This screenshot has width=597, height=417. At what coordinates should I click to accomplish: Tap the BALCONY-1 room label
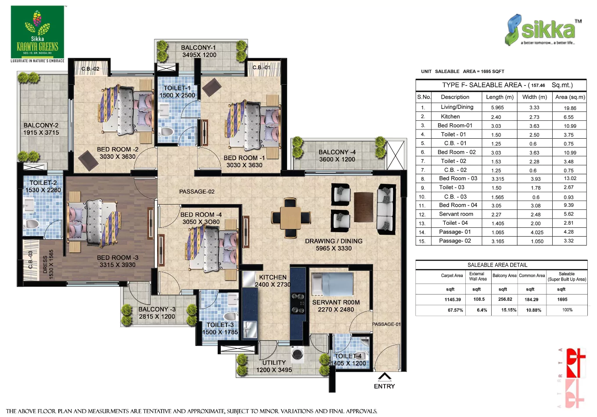point(198,47)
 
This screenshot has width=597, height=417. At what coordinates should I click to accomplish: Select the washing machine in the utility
point(297,354)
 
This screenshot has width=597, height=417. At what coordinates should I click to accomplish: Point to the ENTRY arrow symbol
point(385,377)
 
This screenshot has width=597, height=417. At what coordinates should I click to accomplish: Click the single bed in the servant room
point(332,284)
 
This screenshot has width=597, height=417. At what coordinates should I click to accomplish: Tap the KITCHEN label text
point(273,277)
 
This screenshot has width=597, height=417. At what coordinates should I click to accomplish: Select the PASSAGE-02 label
point(197,191)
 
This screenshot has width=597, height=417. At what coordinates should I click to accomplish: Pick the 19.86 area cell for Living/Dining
point(570,108)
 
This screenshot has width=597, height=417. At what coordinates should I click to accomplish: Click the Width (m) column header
point(534,97)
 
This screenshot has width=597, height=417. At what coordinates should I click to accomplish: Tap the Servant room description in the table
point(456,214)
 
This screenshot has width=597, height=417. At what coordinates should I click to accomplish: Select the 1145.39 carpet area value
point(452,299)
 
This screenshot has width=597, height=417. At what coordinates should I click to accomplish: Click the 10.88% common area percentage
point(533,310)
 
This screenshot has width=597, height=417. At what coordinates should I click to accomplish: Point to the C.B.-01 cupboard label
point(261,68)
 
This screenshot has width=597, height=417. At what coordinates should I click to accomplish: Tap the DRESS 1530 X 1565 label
point(48,264)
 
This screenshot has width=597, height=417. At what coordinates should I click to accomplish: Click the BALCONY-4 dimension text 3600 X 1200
point(337,159)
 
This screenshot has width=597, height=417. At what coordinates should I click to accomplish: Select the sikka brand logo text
point(548,30)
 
